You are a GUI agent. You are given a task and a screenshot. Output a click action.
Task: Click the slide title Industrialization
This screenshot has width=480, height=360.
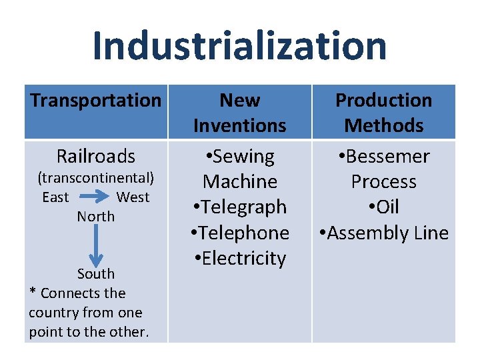[239, 45]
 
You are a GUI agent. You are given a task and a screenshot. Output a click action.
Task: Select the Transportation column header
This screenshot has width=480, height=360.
[96, 101]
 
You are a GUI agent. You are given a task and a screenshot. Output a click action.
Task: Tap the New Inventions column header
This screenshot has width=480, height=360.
[239, 113]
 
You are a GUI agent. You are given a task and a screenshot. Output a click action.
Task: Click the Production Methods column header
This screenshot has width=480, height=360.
[383, 113]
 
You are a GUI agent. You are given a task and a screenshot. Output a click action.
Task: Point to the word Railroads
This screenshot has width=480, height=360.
[96, 156]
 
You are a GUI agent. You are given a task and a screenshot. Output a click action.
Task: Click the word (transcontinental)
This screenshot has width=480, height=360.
[96, 178]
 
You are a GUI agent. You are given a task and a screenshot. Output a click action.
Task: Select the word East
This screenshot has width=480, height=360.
[55, 197]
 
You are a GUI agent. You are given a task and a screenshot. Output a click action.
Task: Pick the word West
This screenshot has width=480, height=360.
[133, 197]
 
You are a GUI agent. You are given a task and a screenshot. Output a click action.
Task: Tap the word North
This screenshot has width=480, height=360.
[96, 217]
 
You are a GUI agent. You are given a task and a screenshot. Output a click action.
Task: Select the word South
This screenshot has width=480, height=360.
[96, 274]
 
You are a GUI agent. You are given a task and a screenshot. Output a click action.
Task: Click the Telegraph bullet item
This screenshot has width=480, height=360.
[239, 207]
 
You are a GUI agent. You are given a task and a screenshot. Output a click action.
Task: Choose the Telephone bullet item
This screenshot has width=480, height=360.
[239, 233]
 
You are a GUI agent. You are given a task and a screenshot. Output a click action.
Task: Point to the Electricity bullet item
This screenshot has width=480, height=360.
[239, 259]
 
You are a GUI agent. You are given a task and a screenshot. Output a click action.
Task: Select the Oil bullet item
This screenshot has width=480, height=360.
[383, 207]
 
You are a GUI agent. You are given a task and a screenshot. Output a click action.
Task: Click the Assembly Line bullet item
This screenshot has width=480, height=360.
[383, 233]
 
